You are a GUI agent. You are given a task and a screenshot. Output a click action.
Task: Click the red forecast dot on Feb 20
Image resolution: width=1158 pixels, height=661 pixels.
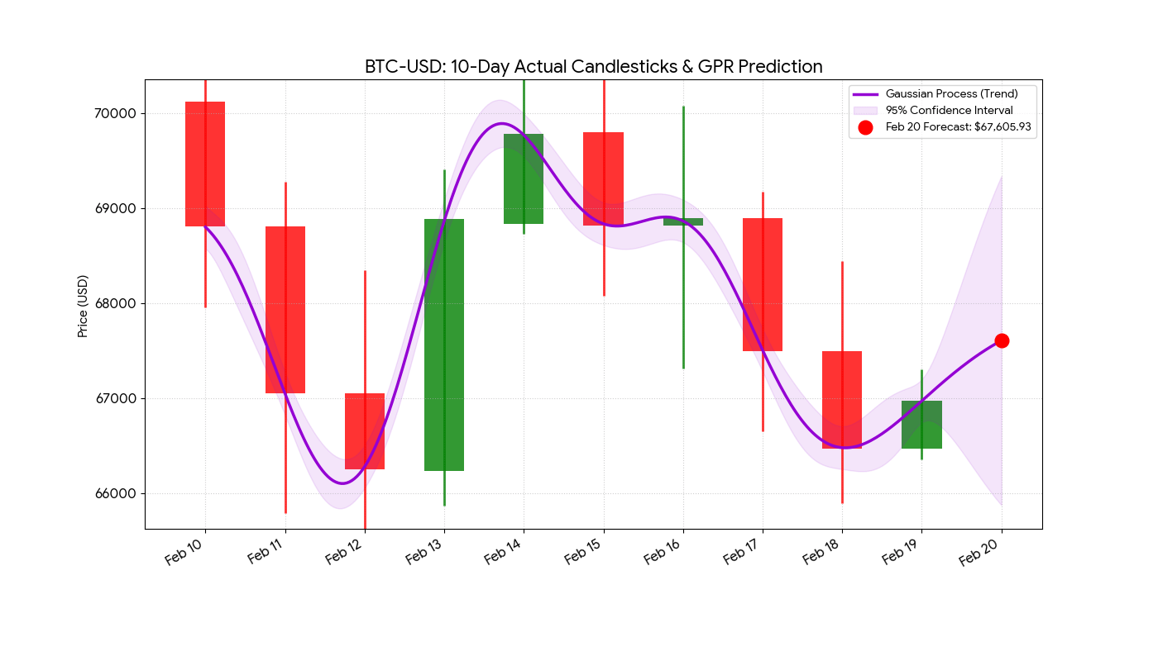click(1002, 340)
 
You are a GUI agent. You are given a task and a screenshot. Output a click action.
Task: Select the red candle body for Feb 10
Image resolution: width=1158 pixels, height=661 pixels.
click(205, 164)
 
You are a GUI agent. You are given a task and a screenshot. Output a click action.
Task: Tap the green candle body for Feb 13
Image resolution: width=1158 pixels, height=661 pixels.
click(444, 345)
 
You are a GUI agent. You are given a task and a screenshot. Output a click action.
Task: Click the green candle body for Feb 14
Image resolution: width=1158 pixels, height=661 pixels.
click(524, 178)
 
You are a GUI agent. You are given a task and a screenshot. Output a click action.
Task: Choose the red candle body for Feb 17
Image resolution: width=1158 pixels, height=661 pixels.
click(763, 284)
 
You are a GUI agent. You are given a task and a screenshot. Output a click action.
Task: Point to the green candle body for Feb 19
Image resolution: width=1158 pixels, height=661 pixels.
click(921, 425)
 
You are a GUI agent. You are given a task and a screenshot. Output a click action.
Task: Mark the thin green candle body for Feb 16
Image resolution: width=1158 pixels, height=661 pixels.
click(683, 221)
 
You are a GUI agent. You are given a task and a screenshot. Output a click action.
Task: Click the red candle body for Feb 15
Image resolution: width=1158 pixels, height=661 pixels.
click(603, 178)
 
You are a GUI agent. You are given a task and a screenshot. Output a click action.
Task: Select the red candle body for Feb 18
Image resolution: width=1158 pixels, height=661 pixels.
click(842, 400)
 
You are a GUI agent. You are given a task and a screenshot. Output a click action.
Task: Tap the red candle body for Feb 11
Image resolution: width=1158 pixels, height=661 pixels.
click(285, 310)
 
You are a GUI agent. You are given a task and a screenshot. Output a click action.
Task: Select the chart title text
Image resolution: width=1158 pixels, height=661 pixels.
click(593, 67)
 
